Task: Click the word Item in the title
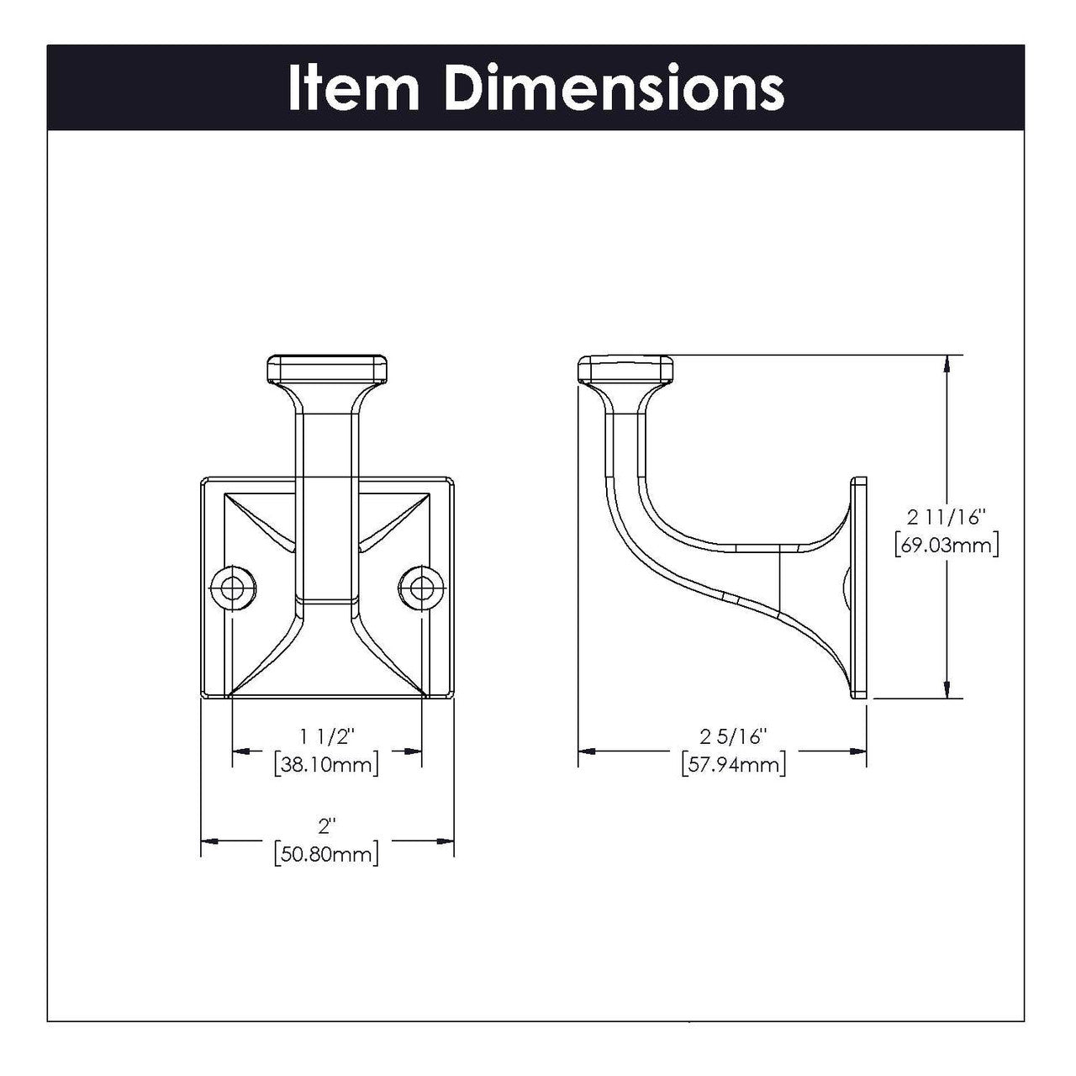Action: click(x=353, y=87)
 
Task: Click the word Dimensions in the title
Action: click(x=614, y=87)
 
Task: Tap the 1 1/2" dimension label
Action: click(x=326, y=737)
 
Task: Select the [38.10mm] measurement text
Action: click(x=326, y=765)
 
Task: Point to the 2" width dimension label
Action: click(x=326, y=826)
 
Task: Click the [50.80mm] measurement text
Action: click(x=326, y=855)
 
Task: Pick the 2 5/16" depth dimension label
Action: click(x=735, y=737)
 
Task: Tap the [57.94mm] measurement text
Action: click(x=735, y=765)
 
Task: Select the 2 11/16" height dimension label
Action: click(x=946, y=516)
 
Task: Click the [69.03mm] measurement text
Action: click(x=946, y=544)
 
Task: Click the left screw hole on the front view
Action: click(x=229, y=588)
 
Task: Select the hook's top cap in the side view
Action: click(x=625, y=370)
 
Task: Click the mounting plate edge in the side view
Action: click(x=859, y=588)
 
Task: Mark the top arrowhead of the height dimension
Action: click(x=948, y=364)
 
